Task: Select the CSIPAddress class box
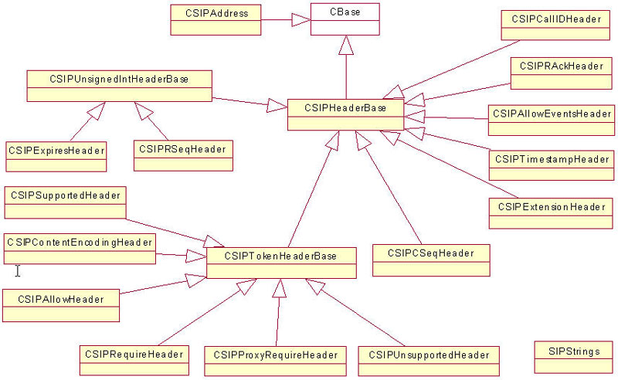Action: coord(216,19)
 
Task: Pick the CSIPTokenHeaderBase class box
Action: coord(282,263)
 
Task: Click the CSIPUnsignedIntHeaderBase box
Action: coord(119,85)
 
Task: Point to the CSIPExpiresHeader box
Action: coord(56,155)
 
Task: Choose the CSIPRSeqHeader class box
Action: coord(183,154)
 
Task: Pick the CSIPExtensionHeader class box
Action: coord(551,213)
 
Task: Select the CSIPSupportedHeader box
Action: coord(65,202)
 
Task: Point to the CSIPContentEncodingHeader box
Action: coord(79,249)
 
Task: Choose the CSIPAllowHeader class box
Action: coord(62,305)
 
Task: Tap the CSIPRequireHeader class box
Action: coord(134,361)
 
